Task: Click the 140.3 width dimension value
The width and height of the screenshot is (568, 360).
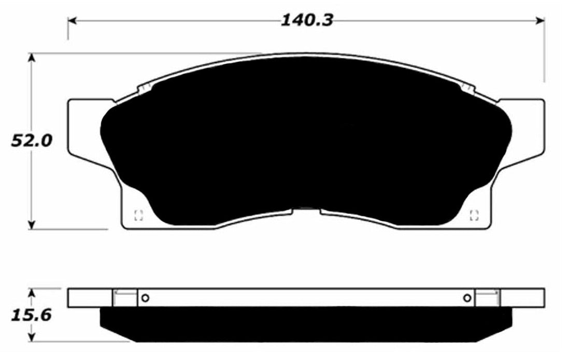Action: click(307, 21)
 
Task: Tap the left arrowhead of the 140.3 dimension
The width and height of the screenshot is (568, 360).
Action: click(73, 21)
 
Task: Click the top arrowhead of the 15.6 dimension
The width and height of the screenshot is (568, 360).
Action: click(33, 293)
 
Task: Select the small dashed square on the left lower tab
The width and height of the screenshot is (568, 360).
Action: click(138, 215)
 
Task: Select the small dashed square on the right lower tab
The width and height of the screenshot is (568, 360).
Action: click(474, 215)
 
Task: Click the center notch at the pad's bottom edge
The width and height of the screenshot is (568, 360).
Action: click(307, 209)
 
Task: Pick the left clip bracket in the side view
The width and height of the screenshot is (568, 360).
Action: click(124, 297)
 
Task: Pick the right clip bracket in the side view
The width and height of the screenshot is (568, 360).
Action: click(488, 297)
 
